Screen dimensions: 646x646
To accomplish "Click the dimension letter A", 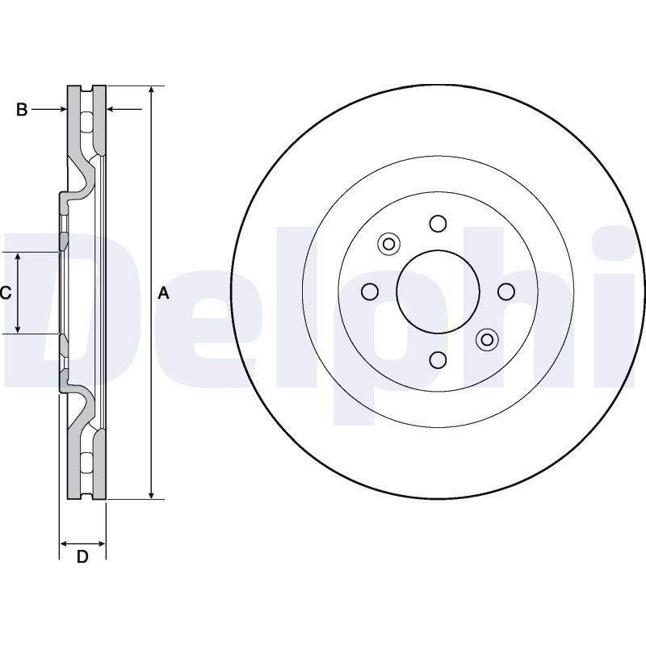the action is (164, 293).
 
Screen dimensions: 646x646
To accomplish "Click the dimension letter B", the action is (22, 110).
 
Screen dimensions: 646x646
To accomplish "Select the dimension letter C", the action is (6, 293).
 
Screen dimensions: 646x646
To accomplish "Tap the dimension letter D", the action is (83, 557).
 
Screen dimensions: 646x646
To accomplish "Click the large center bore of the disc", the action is (438, 292).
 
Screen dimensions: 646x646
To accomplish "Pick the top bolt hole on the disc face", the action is (438, 224).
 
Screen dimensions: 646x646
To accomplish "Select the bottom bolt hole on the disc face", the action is (438, 359).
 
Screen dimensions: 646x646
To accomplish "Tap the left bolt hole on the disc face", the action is (370, 292).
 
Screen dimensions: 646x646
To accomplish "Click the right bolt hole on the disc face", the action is (506, 292).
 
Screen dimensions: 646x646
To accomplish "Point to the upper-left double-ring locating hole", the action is (389, 244).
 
